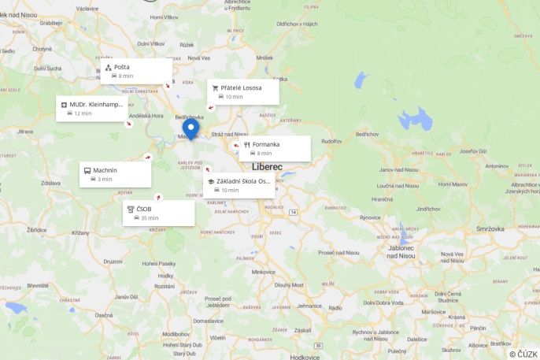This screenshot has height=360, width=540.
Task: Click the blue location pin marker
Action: pos(190,128)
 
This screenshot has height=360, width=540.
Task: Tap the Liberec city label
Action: pos(267,167)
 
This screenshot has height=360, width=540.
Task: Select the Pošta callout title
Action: pos(122,67)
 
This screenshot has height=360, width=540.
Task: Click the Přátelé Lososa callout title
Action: pos(241,87)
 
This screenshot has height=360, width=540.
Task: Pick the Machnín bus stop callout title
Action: pos(105,170)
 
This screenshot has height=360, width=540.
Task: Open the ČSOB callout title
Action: pos(143,209)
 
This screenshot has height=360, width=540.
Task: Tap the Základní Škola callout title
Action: pos(243,181)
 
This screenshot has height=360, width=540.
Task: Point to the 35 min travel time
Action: pos(150,218)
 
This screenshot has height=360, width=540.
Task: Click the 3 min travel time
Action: pos(105,180)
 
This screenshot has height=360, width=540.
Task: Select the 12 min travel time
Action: pos(83,113)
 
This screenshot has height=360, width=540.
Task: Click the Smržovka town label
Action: pos(490,228)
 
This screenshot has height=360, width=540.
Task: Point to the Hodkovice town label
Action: pos(305,356)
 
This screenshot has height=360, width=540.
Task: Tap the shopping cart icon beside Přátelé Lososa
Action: pos(214,87)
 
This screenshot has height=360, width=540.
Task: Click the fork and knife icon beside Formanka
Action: pos(246,144)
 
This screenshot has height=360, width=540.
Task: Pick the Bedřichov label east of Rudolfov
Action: pos(368,135)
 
